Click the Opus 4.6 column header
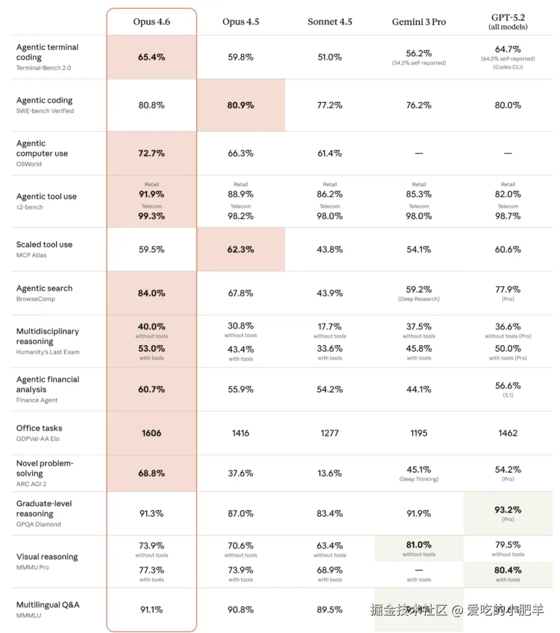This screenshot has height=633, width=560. pyautogui.click(x=151, y=22)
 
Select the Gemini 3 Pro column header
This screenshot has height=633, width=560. pyautogui.click(x=419, y=22)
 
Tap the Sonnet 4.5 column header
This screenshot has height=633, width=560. pyautogui.click(x=330, y=22)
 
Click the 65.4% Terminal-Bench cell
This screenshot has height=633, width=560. pyautogui.click(x=151, y=57)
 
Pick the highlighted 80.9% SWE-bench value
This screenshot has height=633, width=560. pyautogui.click(x=241, y=105)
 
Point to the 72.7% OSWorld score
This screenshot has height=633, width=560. pyautogui.click(x=151, y=154)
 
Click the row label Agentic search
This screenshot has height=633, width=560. pyautogui.click(x=45, y=288)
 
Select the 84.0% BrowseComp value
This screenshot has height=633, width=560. pyautogui.click(x=151, y=293)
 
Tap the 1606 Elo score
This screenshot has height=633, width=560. pyautogui.click(x=151, y=433)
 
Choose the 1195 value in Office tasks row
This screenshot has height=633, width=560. pyautogui.click(x=419, y=433)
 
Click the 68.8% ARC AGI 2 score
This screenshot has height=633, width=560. pyautogui.click(x=151, y=474)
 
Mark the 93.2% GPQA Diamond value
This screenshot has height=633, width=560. pyautogui.click(x=508, y=510)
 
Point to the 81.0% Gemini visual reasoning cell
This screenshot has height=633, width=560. pyautogui.click(x=419, y=545)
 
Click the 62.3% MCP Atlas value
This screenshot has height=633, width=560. pyautogui.click(x=241, y=250)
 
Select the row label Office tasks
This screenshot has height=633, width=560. pyautogui.click(x=39, y=428)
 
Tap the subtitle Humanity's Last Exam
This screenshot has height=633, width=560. pyautogui.click(x=48, y=352)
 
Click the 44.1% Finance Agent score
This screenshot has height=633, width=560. pyautogui.click(x=419, y=389)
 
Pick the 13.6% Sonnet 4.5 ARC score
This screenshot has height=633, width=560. pyautogui.click(x=330, y=474)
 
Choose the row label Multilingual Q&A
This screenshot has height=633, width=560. pyautogui.click(x=48, y=605)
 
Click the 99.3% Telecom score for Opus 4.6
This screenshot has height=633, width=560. pyautogui.click(x=151, y=217)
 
